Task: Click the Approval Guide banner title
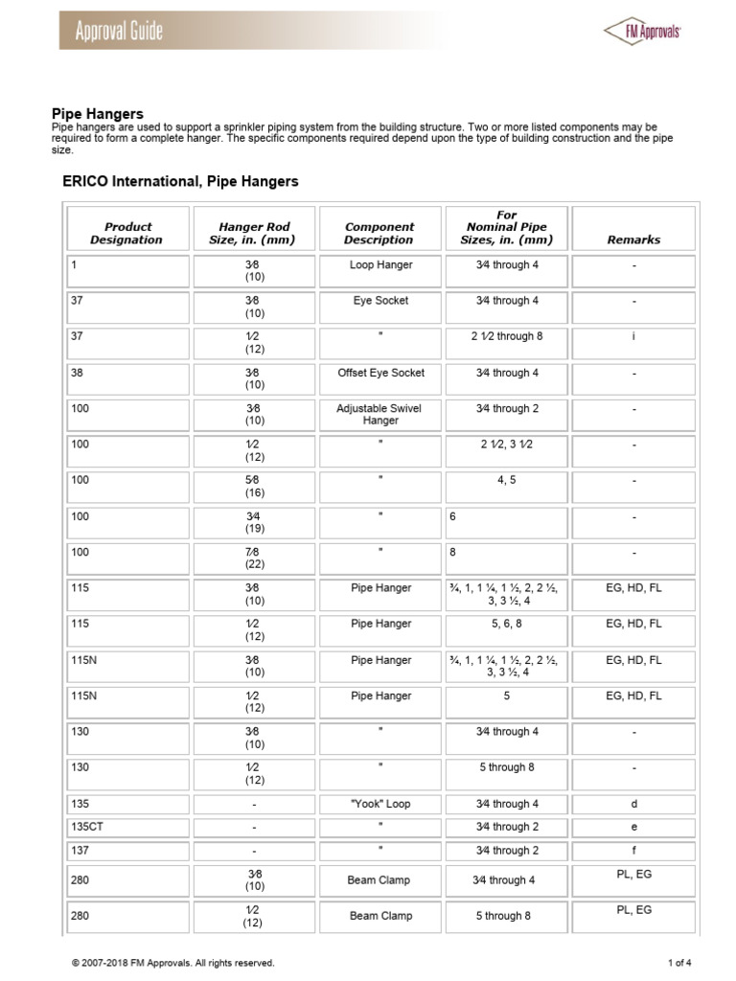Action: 119,31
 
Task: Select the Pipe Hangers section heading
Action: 97,114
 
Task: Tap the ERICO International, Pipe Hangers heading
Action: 180,181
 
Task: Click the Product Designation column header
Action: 127,234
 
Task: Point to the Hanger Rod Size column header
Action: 254,234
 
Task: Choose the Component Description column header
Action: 379,234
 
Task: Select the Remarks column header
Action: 633,240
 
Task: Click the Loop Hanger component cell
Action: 380,265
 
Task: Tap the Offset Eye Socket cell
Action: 380,373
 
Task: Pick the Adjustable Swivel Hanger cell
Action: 380,414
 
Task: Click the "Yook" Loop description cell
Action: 380,804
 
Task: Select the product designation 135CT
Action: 84,827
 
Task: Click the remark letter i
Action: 633,337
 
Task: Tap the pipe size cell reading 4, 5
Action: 506,480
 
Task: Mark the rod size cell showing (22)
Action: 254,564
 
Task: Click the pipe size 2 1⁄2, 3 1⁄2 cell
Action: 506,445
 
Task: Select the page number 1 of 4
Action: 679,963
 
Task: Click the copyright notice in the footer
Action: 172,963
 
